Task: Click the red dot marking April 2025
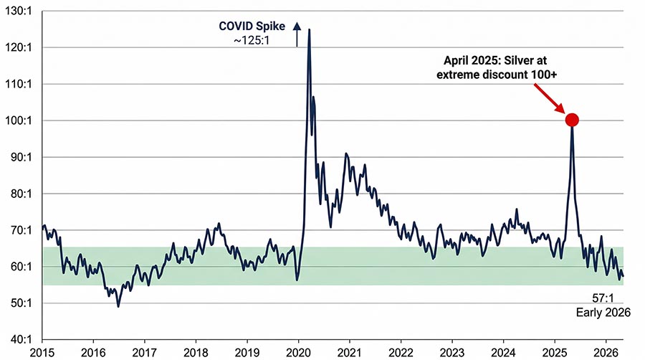click(x=572, y=120)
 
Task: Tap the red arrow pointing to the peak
click(x=549, y=98)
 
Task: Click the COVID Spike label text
click(x=252, y=27)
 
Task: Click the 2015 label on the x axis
click(x=42, y=351)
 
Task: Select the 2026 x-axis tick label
click(x=605, y=351)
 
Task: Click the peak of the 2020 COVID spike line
click(x=309, y=29)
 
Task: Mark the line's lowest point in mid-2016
click(x=118, y=306)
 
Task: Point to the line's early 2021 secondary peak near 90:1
click(x=346, y=153)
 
